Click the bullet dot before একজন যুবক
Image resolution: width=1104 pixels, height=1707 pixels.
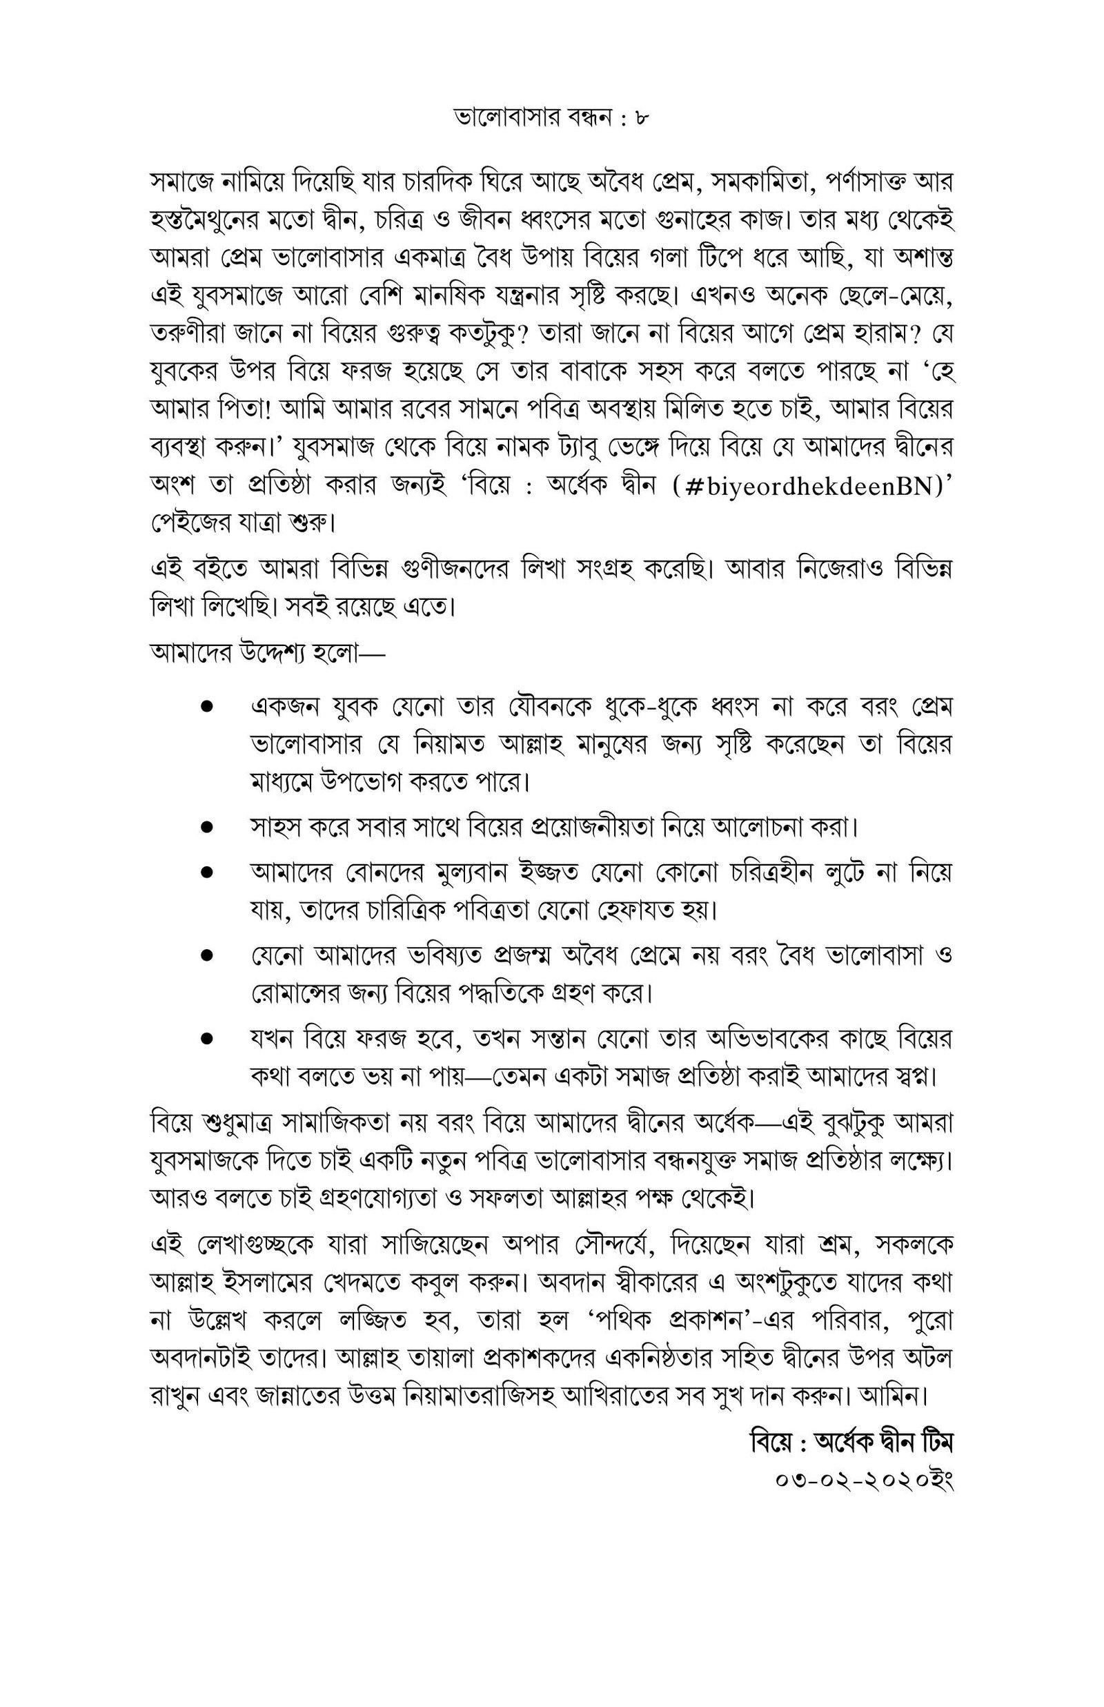207,706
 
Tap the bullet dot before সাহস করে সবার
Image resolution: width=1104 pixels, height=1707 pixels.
207,828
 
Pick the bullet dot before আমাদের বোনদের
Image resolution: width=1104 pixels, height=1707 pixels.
207,872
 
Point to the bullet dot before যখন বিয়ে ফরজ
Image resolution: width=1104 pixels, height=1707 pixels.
207,1038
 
